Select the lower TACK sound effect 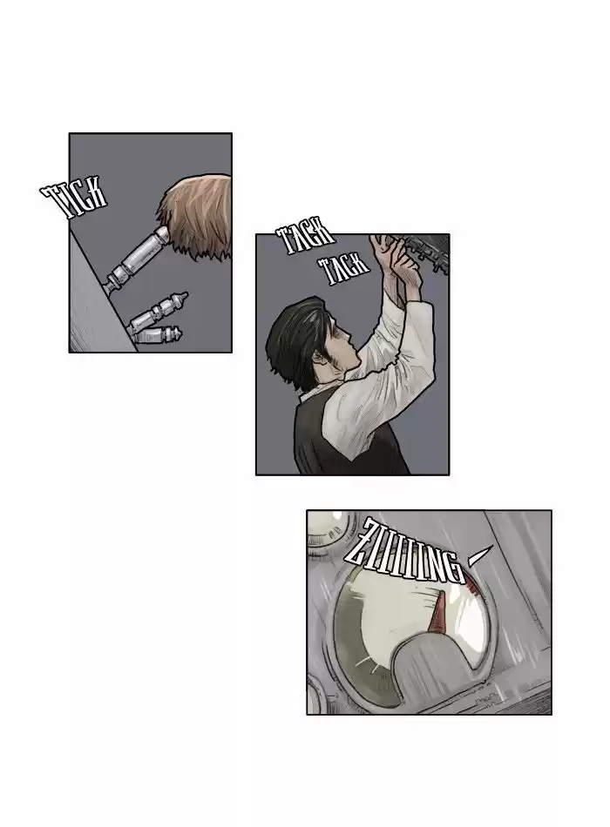coord(345,268)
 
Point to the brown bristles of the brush coord(196,216)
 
